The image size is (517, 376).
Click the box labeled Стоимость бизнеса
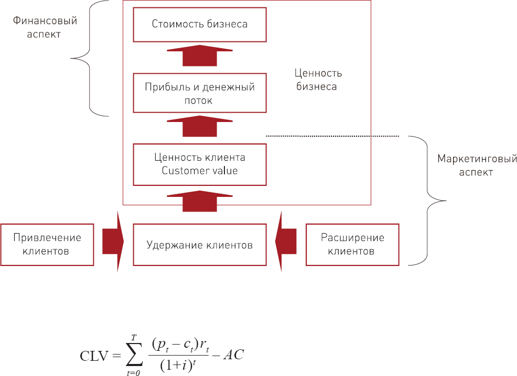[x=200, y=24]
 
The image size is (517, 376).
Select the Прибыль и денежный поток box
[x=200, y=93]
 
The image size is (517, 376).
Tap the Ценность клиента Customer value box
[x=200, y=164]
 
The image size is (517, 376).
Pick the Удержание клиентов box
[x=200, y=245]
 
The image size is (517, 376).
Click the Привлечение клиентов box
[x=47, y=245]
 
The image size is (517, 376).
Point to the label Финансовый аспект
[x=44, y=28]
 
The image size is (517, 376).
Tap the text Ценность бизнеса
[x=315, y=80]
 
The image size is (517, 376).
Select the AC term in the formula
[x=233, y=356]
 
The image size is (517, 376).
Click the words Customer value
[x=200, y=171]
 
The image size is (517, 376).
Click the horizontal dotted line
[x=333, y=136]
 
